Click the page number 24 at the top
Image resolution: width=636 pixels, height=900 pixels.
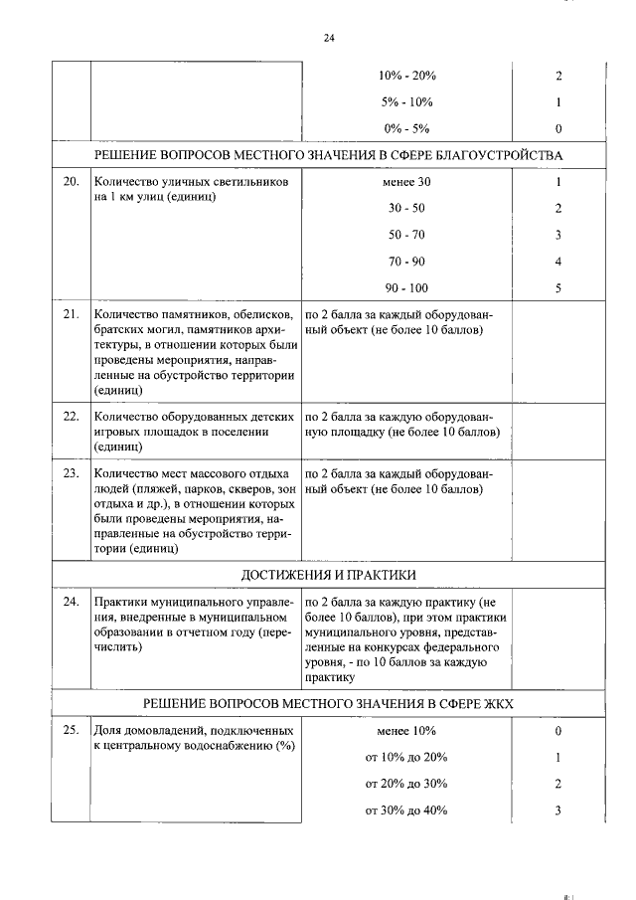[329, 38]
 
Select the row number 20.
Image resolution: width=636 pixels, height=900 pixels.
[71, 183]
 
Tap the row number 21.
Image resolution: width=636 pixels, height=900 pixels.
[71, 314]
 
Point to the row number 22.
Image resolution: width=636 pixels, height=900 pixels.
[71, 416]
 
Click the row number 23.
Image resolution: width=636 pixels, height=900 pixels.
[71, 472]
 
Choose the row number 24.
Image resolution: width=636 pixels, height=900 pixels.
[71, 603]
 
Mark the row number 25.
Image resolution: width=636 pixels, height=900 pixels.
[71, 730]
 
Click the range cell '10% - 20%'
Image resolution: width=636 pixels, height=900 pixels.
[406, 76]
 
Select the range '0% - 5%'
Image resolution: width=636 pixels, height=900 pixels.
[406, 128]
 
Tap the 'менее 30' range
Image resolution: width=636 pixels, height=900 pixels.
[406, 183]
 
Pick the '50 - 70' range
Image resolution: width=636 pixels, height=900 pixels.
[406, 236]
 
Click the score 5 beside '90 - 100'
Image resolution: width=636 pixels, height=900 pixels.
[558, 288]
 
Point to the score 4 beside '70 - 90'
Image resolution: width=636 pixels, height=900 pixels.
[558, 262]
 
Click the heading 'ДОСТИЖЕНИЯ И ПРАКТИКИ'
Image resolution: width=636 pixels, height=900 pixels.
[329, 576]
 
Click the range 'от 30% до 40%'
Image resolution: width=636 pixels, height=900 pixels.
[406, 810]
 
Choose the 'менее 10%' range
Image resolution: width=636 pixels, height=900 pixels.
[406, 730]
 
